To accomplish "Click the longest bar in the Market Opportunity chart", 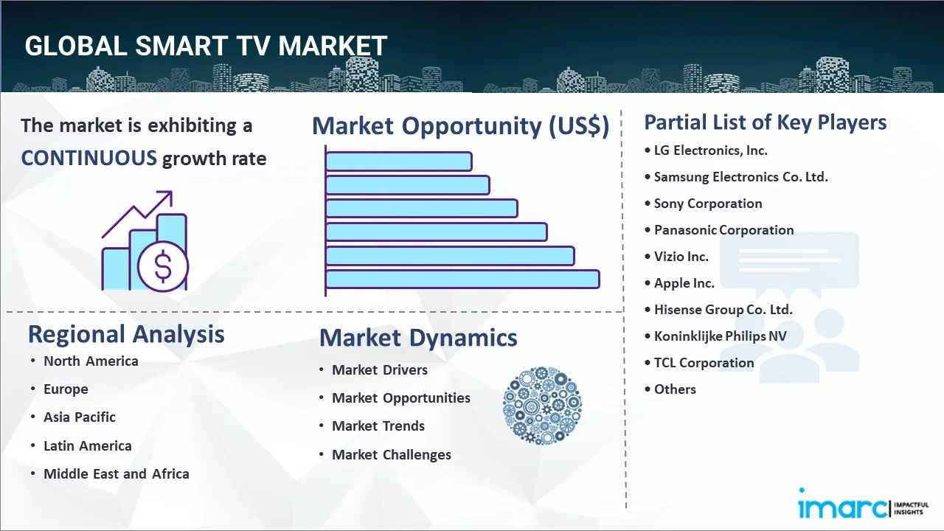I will tap(462, 279).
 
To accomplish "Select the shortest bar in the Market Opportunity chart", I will tap(398, 161).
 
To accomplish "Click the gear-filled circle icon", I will tap(542, 406).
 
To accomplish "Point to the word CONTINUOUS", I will tap(88, 158).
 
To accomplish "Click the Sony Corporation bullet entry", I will tap(707, 204).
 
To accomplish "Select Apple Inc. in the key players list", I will tap(684, 283).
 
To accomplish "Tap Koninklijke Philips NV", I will tap(720, 336).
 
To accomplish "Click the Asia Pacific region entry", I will tap(79, 417).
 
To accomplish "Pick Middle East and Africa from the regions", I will tap(116, 474).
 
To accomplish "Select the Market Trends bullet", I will tap(378, 426).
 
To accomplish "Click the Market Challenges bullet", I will tap(391, 455).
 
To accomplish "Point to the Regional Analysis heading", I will tap(126, 335).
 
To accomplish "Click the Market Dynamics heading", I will tap(418, 338).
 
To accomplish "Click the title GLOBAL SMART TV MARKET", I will tap(206, 46).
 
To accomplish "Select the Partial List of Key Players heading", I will tap(765, 122).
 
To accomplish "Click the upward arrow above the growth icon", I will tap(162, 201).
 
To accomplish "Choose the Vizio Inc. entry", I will tap(681, 257).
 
